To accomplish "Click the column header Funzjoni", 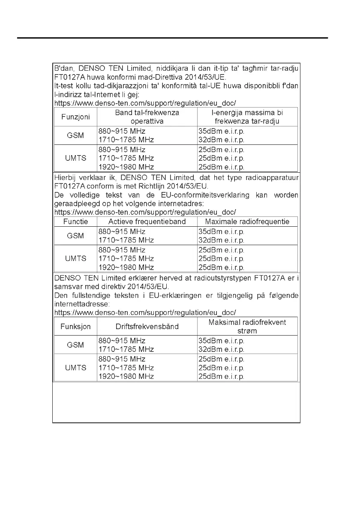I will pos(75,117).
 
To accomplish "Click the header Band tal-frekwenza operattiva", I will pos(147,117).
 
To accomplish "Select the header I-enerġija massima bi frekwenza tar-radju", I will pos(247,117).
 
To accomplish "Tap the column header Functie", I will pos(75,222).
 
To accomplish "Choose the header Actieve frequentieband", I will pos(147,222).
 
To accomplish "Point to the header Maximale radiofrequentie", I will pos(247,222).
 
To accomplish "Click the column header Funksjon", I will pos(75,327).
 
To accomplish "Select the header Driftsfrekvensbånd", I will pos(147,327).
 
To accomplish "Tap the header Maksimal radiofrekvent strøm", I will pos(247,327).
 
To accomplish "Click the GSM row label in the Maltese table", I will pos(75,135).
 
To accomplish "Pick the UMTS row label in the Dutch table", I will pos(75,258).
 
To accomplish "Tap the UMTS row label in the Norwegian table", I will pos(75,368).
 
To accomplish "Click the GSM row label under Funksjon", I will pos(75,345).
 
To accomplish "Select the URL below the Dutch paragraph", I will pos(145,212).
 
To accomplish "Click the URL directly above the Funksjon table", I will pos(145,312).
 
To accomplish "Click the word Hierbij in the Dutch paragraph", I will pos(66,177).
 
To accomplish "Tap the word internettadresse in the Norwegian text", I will pos(81,304).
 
